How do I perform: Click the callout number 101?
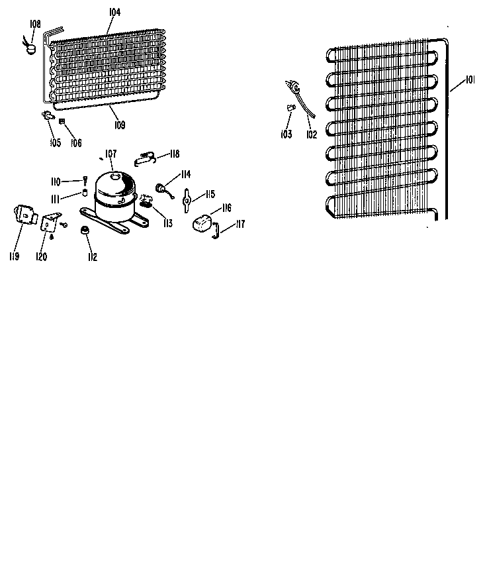tap(470, 79)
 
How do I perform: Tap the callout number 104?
tap(115, 12)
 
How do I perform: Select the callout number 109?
tap(120, 125)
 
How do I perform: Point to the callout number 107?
tap(111, 154)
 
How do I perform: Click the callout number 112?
tap(92, 257)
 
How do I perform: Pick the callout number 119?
tap(14, 256)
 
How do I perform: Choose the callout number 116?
tap(227, 207)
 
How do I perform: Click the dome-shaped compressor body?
tap(116, 195)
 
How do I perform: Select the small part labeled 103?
tap(291, 107)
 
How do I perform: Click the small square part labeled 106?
tap(62, 121)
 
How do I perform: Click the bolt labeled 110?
tap(85, 181)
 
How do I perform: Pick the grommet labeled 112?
tap(85, 230)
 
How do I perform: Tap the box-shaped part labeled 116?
tap(202, 223)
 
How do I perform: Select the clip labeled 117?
tap(216, 231)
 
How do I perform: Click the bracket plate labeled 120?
tap(48, 223)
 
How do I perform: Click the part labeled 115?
tap(187, 200)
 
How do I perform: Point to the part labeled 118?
tap(145, 158)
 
